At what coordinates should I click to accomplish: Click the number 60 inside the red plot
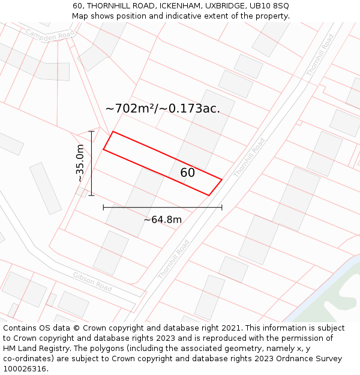[187, 173]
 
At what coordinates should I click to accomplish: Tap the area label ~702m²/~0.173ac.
[163, 109]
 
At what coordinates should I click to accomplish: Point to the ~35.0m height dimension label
[80, 163]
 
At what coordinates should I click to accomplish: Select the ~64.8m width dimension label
[162, 220]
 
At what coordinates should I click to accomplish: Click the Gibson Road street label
[92, 281]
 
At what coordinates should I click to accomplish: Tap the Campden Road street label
[50, 37]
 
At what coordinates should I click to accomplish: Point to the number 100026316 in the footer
[25, 369]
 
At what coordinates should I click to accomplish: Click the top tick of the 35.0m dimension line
[91, 131]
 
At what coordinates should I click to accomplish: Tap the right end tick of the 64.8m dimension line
[222, 207]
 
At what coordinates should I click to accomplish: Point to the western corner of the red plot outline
[103, 149]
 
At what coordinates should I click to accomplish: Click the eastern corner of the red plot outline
[222, 179]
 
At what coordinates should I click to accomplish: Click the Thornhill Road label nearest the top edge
[320, 55]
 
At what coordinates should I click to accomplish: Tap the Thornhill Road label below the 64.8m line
[174, 259]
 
